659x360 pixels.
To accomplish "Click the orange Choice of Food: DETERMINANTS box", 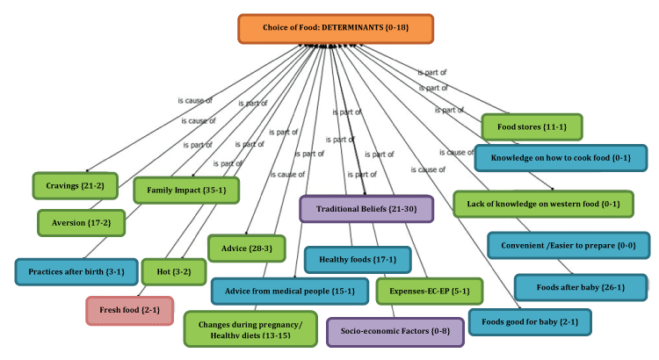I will coord(335,29).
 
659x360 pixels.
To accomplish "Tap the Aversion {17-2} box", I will coord(81,223).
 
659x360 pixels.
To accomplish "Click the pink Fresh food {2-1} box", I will coord(129,311).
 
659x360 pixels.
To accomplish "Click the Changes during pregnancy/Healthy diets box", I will coord(250,328).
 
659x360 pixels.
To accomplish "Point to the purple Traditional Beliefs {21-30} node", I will coord(366,209).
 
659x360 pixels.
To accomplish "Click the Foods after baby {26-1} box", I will coord(580,287).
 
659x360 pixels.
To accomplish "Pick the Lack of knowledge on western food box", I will coord(543,204).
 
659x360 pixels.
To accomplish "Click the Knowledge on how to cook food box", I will coord(560,158).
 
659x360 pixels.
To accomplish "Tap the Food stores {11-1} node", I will coord(532,126).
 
